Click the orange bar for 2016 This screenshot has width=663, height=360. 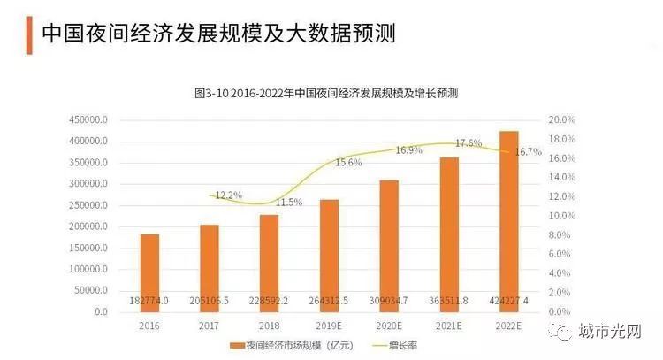[x=149, y=265]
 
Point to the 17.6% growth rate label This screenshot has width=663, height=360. [x=469, y=143]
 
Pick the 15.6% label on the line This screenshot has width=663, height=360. [x=347, y=163]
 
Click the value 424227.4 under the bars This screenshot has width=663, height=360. [x=509, y=300]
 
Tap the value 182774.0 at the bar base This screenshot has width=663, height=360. [x=150, y=300]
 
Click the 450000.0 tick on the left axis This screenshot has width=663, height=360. [x=88, y=119]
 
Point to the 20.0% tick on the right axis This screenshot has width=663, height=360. [x=562, y=119]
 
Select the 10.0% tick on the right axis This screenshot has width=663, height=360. [x=562, y=216]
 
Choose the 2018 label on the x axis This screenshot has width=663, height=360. [x=270, y=326]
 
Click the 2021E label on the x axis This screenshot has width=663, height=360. [x=449, y=326]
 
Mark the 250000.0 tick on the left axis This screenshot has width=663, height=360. [x=88, y=205]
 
